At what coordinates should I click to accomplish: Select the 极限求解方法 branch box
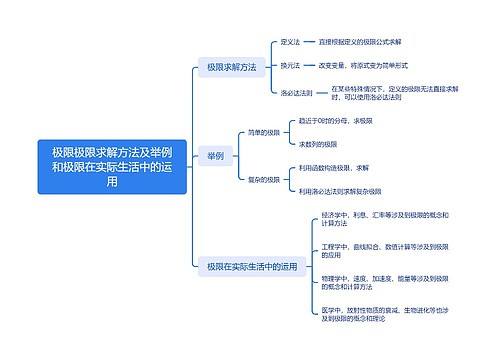[231, 67]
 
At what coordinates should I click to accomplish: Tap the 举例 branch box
[215, 155]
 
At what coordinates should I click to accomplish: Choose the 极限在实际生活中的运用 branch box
[252, 266]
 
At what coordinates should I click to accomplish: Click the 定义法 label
[290, 42]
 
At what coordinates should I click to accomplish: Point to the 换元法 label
[290, 66]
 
